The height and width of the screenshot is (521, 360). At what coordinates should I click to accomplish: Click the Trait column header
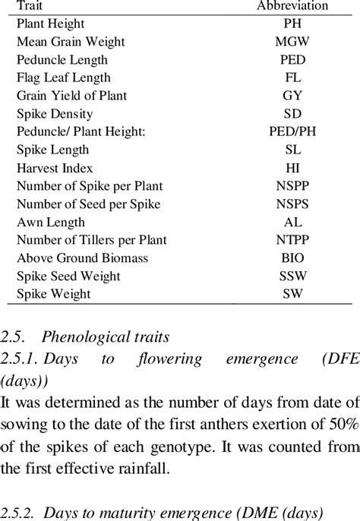[x=30, y=6]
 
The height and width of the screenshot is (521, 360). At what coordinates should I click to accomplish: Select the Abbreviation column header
[x=292, y=6]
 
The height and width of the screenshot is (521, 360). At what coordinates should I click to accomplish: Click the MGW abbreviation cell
[x=292, y=42]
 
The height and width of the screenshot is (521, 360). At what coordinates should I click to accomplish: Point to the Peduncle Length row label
[x=62, y=60]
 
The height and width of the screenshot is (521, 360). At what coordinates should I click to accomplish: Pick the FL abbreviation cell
[x=292, y=77]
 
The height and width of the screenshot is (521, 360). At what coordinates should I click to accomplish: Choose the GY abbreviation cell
[x=292, y=96]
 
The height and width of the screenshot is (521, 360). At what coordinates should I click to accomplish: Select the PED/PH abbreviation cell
[x=292, y=131]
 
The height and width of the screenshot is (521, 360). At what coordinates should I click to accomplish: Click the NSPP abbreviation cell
[x=292, y=186]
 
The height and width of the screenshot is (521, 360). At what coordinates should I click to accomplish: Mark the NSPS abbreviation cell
[x=292, y=204]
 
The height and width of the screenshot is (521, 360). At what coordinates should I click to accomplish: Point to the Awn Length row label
[x=50, y=222]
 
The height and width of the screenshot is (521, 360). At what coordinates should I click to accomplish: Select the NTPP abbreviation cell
[x=292, y=240]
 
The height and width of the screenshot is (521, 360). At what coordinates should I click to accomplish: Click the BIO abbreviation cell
[x=292, y=257]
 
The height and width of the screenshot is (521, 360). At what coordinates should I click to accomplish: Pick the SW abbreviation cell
[x=292, y=294]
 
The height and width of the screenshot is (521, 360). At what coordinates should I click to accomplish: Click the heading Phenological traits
[x=104, y=335]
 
